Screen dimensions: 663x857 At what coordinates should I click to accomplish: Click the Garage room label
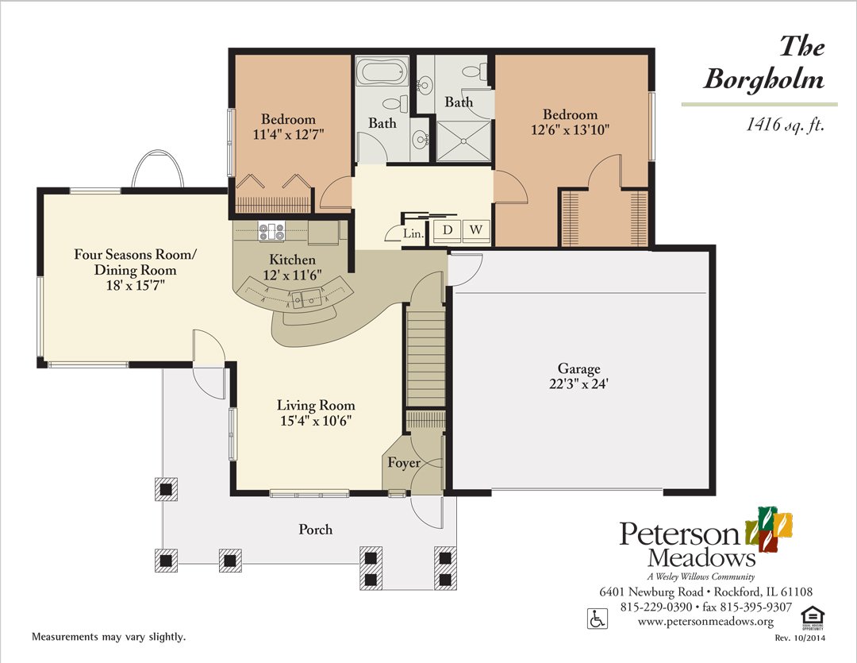[578, 369]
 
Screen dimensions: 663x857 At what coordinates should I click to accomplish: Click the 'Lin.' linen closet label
[413, 233]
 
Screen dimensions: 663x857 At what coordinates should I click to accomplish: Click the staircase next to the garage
[426, 357]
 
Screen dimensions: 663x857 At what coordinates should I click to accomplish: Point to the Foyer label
[403, 463]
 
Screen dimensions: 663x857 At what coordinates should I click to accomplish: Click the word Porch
[315, 530]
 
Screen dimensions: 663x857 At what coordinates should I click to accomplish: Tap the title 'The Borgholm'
[763, 63]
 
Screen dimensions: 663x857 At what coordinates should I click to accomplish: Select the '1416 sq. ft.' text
[781, 124]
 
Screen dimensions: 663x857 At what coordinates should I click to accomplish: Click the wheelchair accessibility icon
[595, 617]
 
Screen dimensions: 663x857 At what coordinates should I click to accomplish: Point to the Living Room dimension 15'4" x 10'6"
[315, 421]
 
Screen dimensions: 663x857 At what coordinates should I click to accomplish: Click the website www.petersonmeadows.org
[705, 621]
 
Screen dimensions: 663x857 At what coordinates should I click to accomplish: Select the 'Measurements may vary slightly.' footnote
[108, 638]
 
